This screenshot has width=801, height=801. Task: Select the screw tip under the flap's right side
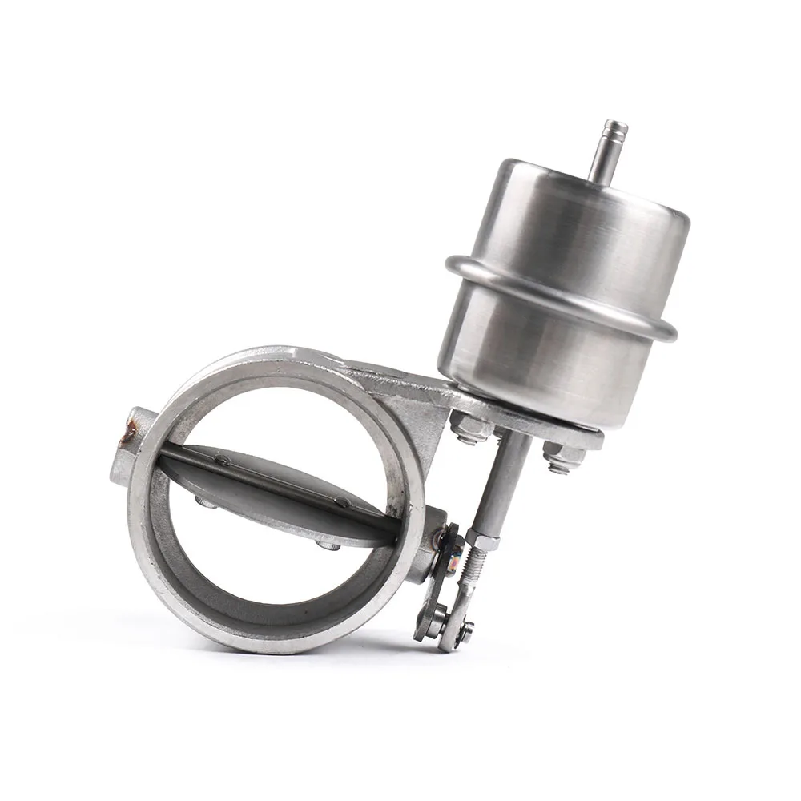[x=326, y=545]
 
